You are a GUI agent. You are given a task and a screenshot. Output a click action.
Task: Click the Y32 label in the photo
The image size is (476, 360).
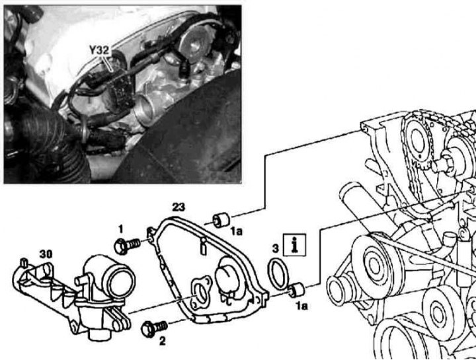pyautogui.click(x=99, y=50)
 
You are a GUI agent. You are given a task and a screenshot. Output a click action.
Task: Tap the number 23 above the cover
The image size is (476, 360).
pyautogui.click(x=178, y=207)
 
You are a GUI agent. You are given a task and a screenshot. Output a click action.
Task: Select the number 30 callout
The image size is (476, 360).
pyautogui.click(x=46, y=254)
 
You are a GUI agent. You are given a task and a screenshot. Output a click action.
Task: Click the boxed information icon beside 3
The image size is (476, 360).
pyautogui.click(x=294, y=244)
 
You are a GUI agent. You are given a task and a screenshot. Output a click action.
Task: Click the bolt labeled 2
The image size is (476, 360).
pyautogui.click(x=154, y=329)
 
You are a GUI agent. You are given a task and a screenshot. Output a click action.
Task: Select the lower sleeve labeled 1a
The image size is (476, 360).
pyautogui.click(x=296, y=289)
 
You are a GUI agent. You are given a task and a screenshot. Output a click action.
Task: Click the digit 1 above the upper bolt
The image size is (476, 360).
pyautogui.click(x=121, y=229)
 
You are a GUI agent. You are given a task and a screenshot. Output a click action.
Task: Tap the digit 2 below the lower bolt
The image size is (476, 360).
pyautogui.click(x=163, y=342)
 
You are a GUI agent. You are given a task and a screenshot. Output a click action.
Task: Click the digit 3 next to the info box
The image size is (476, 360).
pyautogui.click(x=275, y=248)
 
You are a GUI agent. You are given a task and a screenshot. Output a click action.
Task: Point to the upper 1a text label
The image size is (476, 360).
pyautogui.click(x=236, y=232)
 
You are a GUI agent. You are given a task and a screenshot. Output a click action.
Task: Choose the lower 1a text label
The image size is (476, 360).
pyautogui.click(x=301, y=306)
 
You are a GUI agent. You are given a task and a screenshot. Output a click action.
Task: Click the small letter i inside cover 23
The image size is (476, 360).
pyautogui.click(x=204, y=246)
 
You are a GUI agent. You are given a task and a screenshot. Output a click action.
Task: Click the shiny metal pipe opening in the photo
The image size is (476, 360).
pyautogui.click(x=145, y=108)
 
